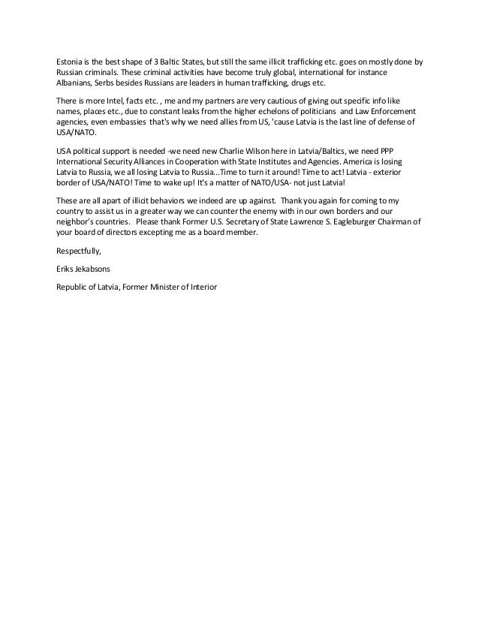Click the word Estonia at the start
click(x=71, y=61)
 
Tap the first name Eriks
click(x=66, y=269)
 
